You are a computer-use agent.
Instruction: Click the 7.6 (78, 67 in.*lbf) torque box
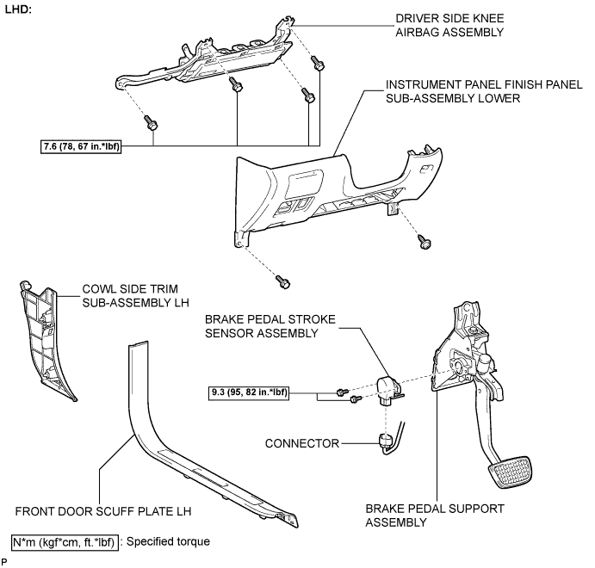tap(80, 146)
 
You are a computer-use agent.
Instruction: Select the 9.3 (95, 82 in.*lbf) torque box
tap(249, 392)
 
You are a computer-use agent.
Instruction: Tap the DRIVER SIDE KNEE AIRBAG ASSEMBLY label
tap(449, 26)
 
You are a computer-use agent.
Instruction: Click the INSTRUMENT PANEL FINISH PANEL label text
tap(484, 84)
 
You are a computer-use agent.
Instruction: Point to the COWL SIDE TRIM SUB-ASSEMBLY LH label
tap(135, 296)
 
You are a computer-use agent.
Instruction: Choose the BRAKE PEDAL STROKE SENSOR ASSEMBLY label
tap(270, 326)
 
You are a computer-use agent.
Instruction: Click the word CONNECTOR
tap(301, 443)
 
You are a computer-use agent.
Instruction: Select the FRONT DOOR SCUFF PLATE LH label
tap(103, 511)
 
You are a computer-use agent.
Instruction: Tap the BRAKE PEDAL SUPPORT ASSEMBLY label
tap(435, 516)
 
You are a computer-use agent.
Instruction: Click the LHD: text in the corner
tap(18, 9)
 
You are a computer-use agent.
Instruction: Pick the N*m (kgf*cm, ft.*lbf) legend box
tap(65, 542)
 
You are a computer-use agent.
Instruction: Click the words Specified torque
tap(168, 541)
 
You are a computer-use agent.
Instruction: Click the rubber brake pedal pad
tap(511, 472)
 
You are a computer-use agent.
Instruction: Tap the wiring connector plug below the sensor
tap(386, 441)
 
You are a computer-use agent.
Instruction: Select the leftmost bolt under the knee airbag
tap(151, 122)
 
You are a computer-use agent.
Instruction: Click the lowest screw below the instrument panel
tap(283, 281)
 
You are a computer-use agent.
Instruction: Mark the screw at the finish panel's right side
tap(425, 242)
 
